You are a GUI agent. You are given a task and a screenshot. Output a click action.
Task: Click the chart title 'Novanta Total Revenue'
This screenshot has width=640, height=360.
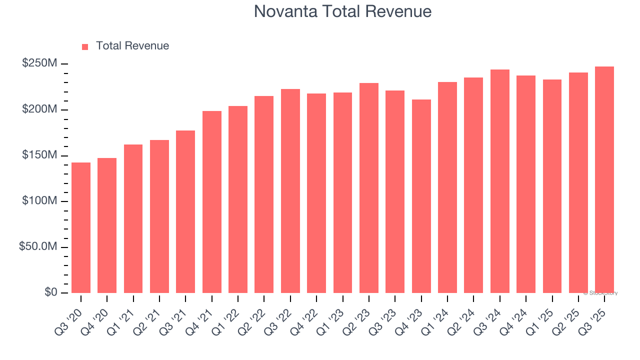click(342, 11)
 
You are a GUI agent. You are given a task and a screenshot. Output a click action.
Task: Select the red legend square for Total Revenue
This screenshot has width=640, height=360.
click(85, 46)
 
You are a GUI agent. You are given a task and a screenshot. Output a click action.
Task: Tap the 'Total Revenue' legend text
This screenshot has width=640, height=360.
click(132, 46)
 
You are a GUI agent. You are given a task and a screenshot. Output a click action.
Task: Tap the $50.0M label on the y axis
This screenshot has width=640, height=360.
click(38, 247)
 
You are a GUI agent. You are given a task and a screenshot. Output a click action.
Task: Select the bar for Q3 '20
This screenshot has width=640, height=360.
click(81, 227)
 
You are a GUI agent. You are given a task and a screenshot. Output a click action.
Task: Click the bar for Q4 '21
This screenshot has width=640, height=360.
click(212, 202)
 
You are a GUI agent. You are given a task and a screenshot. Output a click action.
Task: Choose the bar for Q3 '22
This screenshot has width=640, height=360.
click(290, 191)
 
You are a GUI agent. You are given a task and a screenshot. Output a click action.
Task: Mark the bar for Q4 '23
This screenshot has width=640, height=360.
click(421, 196)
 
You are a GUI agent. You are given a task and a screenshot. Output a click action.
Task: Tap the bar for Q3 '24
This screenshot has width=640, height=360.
click(500, 181)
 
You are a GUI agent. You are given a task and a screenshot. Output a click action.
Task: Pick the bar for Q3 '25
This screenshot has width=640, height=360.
click(604, 179)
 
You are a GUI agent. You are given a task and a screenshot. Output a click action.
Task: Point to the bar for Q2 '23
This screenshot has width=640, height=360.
click(369, 188)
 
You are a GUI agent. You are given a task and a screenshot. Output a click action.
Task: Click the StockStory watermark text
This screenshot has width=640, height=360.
click(600, 293)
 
